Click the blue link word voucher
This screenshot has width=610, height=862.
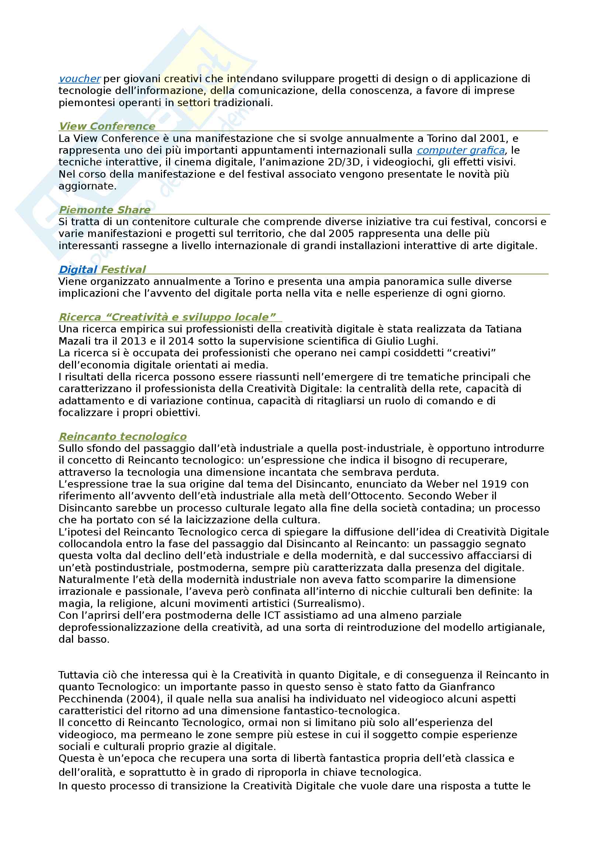pyautogui.click(x=79, y=79)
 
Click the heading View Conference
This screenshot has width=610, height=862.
pyautogui.click(x=107, y=126)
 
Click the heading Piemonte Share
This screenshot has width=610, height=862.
pyautogui.click(x=105, y=210)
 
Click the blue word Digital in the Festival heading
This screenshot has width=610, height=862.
pyautogui.click(x=78, y=269)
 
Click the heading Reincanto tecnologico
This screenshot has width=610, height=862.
pyautogui.click(x=123, y=437)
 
